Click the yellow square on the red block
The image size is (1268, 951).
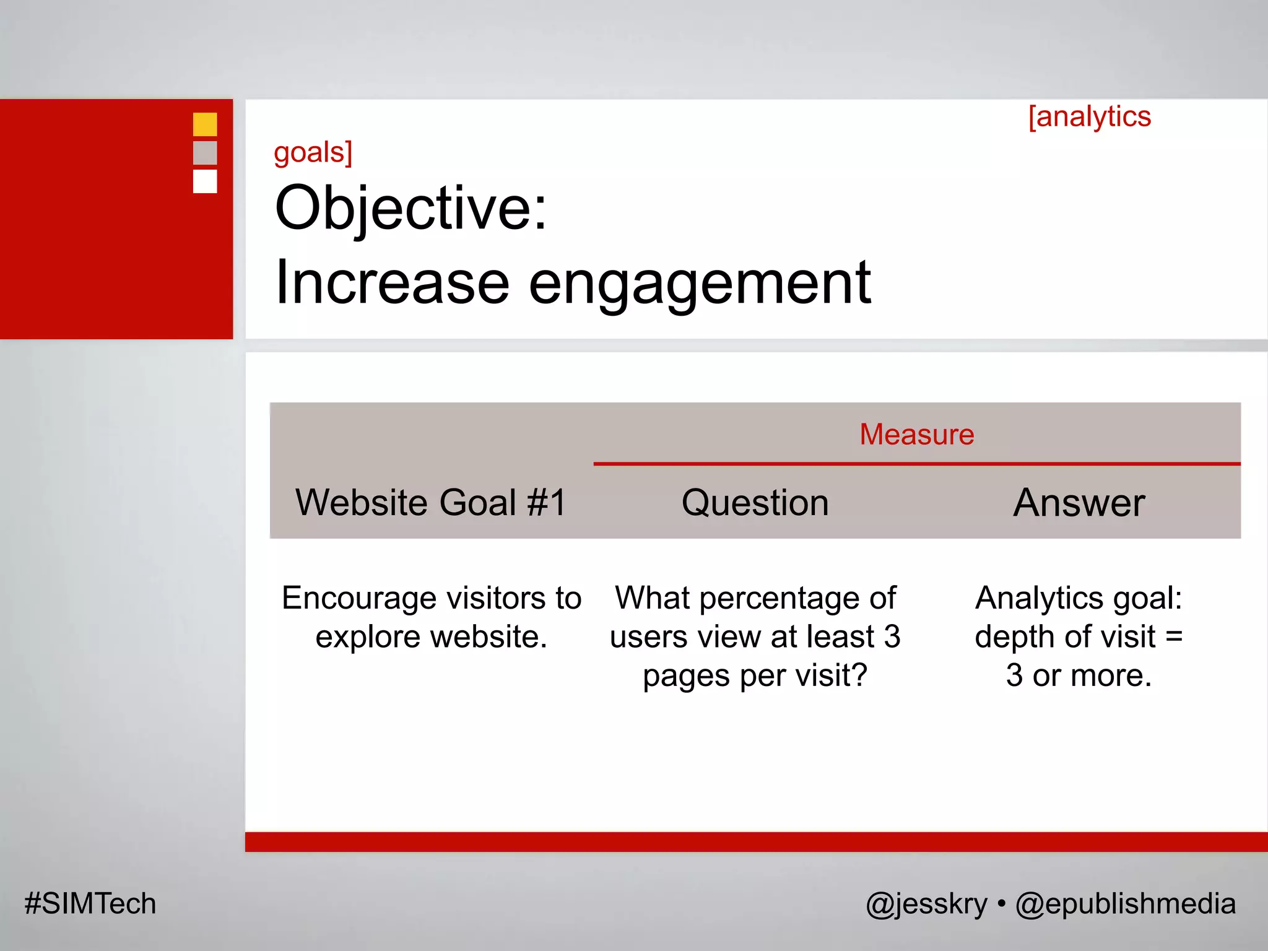tap(205, 124)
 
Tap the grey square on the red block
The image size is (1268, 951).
tap(205, 153)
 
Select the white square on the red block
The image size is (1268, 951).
tap(205, 181)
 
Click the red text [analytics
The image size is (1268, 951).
tap(1089, 117)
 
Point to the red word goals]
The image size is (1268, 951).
tap(313, 152)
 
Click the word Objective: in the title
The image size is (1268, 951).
tap(410, 208)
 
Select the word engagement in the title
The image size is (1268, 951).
tap(700, 283)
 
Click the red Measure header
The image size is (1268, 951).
tap(916, 435)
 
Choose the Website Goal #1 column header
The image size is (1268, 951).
tap(431, 502)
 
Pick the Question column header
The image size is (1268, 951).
tap(755, 502)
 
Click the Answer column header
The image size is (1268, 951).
tap(1079, 502)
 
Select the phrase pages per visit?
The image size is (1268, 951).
tap(755, 675)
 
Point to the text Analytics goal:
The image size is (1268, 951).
tap(1079, 599)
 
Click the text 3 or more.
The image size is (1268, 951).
tap(1079, 675)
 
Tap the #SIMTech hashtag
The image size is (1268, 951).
tap(90, 903)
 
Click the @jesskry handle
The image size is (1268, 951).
tap(926, 904)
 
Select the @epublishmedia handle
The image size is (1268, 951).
tap(1125, 904)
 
